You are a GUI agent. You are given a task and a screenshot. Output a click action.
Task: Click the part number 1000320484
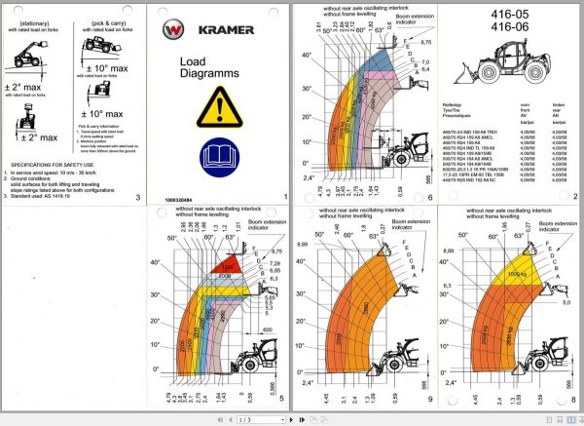pyautogui.click(x=184, y=198)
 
